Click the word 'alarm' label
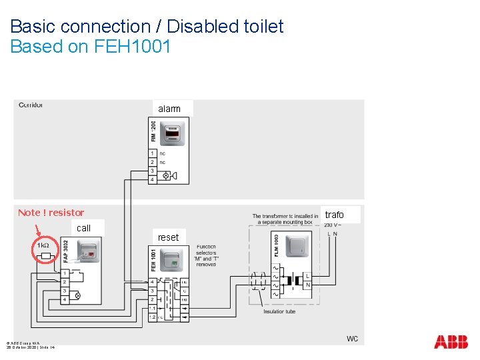(169, 109)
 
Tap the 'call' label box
(84, 228)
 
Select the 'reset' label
(168, 237)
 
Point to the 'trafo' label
(335, 215)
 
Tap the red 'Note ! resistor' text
(51, 213)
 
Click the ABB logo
(451, 342)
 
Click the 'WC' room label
(352, 339)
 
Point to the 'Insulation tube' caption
(279, 311)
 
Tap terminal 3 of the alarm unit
(153, 171)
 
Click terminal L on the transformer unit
(307, 275)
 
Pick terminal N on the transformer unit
(307, 285)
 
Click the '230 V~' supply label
(331, 225)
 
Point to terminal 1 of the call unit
(65, 273)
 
